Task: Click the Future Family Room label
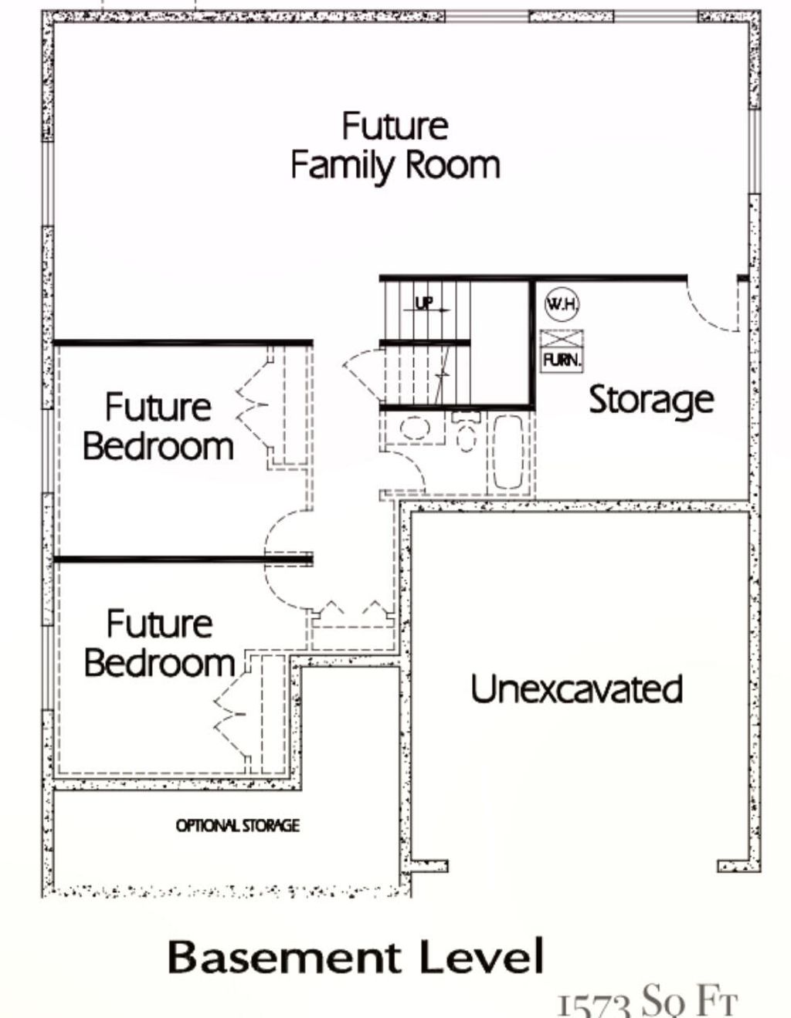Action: coord(395,146)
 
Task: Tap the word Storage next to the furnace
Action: coord(650,400)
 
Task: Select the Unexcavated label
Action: coord(576,688)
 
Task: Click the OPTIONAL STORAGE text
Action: coord(237,826)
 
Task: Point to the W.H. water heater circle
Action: coord(562,303)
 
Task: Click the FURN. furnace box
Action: coord(562,351)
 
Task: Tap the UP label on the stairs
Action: coord(424,303)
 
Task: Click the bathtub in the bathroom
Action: coord(507,452)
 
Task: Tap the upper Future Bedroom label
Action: coord(158,427)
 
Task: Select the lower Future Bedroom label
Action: coord(159,643)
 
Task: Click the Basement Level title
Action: coord(355,957)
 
